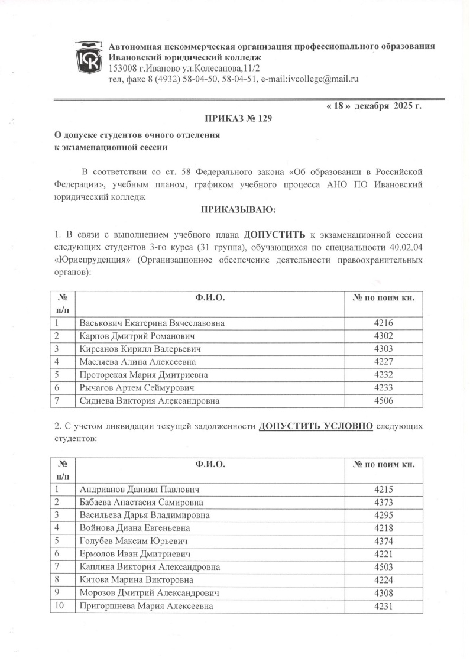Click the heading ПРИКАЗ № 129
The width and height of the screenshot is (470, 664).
click(235, 119)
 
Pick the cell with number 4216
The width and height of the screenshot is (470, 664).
click(384, 323)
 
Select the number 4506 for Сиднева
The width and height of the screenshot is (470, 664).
click(384, 401)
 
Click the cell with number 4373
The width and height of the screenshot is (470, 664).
click(384, 502)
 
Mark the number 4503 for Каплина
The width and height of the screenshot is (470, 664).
click(384, 567)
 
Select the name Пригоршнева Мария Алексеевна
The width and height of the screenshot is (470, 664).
click(146, 606)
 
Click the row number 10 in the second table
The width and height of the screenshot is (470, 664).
click(59, 606)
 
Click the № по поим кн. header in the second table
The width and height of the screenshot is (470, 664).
click(384, 464)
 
